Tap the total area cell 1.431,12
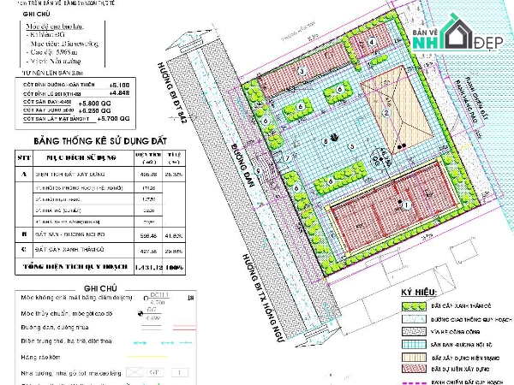click(129, 268)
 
